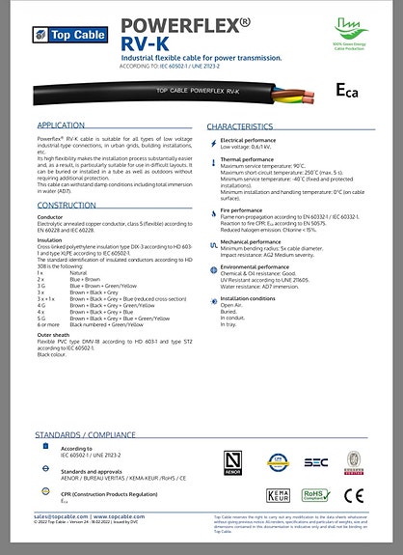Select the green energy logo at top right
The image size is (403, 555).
tap(343, 33)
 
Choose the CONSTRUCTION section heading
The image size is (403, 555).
tap(67, 206)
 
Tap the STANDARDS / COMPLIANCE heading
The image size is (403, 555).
tap(86, 433)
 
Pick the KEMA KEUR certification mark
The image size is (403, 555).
tap(275, 495)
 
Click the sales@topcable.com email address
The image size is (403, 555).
tap(60, 517)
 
